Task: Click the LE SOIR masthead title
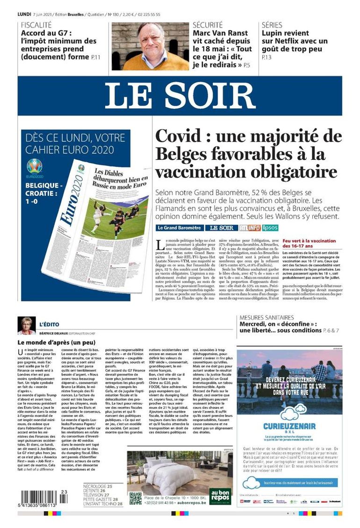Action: coord(180,96)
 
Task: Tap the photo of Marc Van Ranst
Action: coord(150,46)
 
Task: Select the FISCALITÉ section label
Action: coord(36,25)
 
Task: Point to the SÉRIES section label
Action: coord(272,25)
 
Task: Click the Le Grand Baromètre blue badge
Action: coord(180,228)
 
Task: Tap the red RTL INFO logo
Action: coord(250,228)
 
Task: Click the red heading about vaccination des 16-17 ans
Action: coord(310,243)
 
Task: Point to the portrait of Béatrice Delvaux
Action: coord(26,325)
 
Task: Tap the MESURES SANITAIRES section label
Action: coord(266,317)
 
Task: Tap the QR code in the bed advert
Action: coord(136,498)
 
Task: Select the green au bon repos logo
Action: coord(220,497)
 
